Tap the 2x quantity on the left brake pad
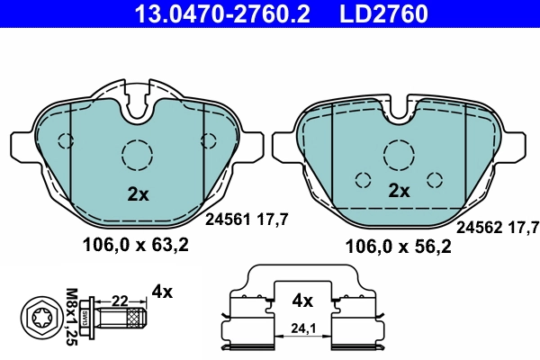[137, 193]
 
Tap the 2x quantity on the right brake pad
[399, 191]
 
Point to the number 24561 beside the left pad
[226, 218]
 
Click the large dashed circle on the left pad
[138, 155]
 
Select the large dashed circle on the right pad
[398, 155]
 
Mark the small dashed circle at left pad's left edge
[65, 140]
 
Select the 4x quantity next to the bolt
[162, 291]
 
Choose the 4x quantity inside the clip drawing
[301, 300]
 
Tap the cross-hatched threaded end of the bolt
[134, 318]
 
